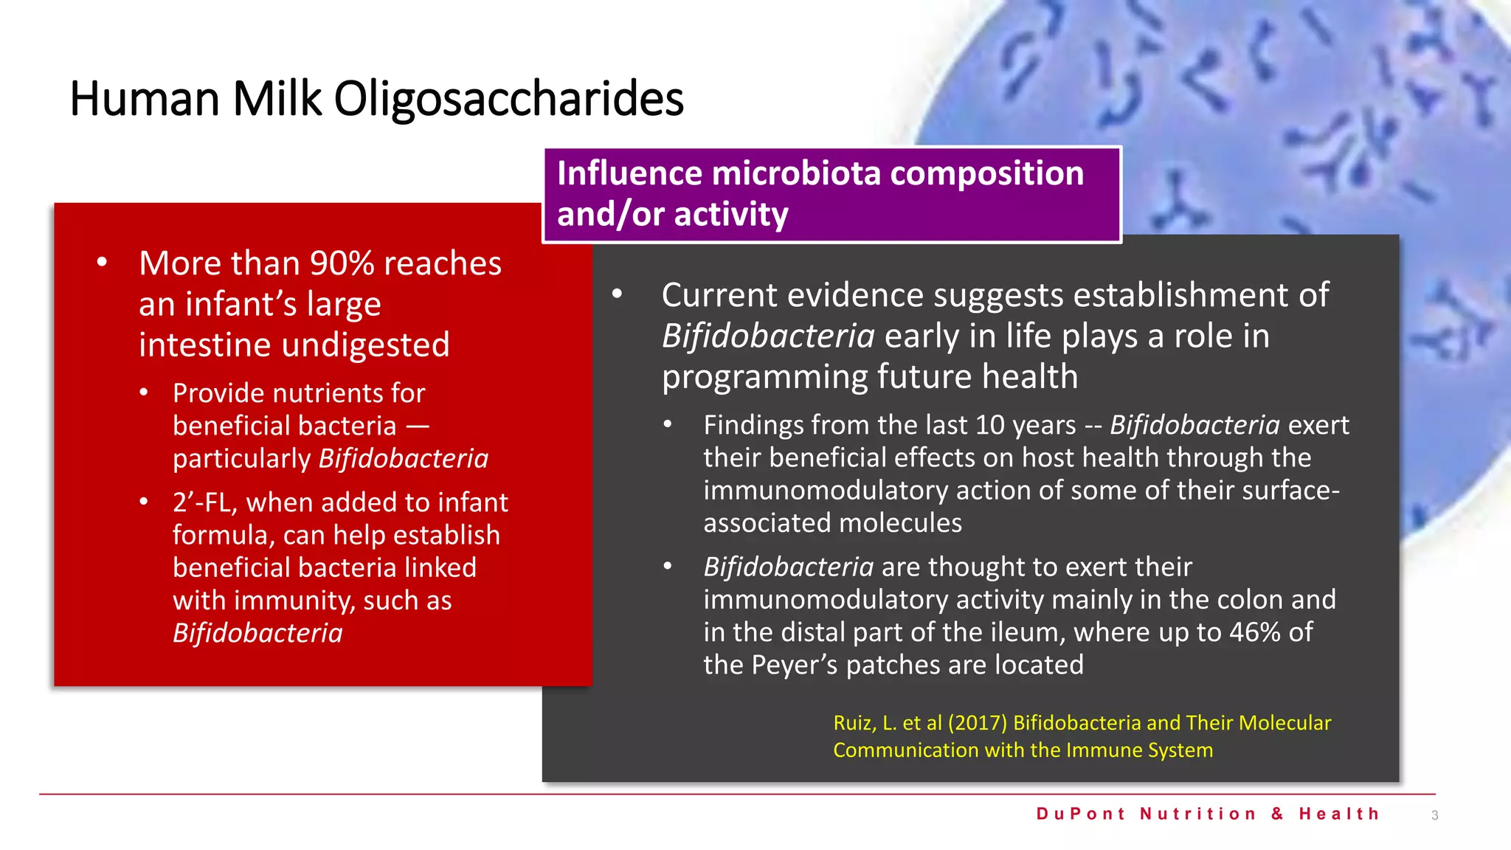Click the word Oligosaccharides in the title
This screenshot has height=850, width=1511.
[508, 100]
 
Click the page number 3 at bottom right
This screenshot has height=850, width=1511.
[1434, 815]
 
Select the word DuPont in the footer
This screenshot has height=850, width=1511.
[1081, 814]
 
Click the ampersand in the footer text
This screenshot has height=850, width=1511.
[1278, 814]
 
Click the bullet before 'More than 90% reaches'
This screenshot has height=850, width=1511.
[102, 263]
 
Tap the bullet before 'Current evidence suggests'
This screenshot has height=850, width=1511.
[617, 294]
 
